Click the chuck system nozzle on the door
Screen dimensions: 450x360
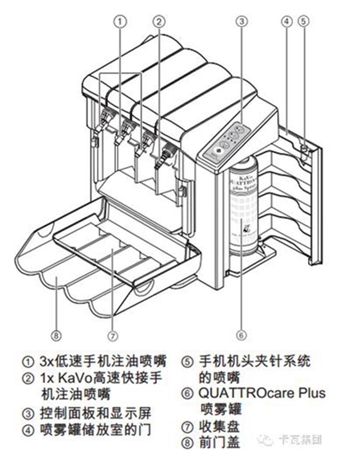[x=302, y=148]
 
